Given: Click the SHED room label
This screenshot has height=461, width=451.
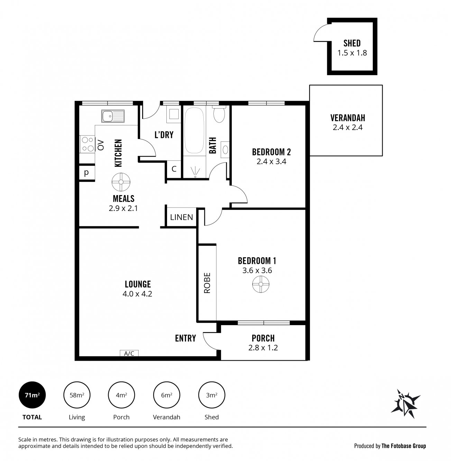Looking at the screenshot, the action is pyautogui.click(x=352, y=43).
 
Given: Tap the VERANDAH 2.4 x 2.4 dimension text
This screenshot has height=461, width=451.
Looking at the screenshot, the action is pyautogui.click(x=348, y=128).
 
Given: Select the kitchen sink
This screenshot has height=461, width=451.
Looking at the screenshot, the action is pyautogui.click(x=113, y=116).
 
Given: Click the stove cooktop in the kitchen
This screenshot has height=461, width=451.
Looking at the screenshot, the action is pyautogui.click(x=87, y=144).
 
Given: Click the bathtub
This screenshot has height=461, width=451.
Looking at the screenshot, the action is pyautogui.click(x=194, y=130).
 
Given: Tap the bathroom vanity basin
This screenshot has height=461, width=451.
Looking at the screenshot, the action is pyautogui.click(x=225, y=150).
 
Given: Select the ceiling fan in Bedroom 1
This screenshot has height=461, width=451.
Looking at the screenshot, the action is pyautogui.click(x=261, y=284).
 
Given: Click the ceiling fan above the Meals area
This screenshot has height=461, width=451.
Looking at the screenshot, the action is pyautogui.click(x=121, y=182).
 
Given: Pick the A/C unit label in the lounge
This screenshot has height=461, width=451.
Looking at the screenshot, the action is pyautogui.click(x=129, y=353).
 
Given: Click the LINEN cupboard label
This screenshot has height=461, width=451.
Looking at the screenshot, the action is pyautogui.click(x=182, y=217).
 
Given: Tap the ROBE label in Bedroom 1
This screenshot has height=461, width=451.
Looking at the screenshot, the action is pyautogui.click(x=207, y=283).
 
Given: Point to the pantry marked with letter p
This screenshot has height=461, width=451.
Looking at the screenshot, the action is pyautogui.click(x=87, y=173).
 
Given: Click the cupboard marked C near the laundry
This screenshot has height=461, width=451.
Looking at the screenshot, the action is pyautogui.click(x=174, y=169).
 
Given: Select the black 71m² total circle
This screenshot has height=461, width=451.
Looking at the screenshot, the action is pyautogui.click(x=32, y=395).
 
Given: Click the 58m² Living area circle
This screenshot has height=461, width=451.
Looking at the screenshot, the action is pyautogui.click(x=77, y=395).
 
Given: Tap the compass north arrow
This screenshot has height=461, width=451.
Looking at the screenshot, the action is pyautogui.click(x=406, y=404).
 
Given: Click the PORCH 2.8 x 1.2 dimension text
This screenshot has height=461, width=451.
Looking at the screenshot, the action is pyautogui.click(x=263, y=348).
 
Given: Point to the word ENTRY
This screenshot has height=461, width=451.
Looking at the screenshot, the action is pyautogui.click(x=185, y=338).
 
